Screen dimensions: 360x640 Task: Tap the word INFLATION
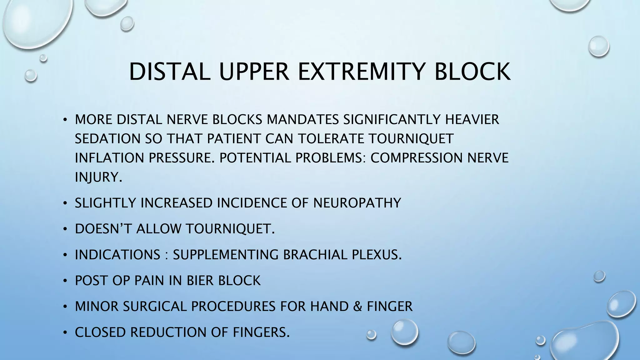[x=109, y=158]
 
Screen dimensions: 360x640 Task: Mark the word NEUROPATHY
[x=357, y=203]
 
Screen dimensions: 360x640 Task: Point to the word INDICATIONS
[x=117, y=255]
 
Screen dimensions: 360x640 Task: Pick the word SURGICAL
[x=155, y=306]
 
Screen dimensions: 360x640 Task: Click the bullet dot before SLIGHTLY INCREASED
[x=65, y=203]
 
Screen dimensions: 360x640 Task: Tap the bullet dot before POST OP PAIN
[x=65, y=281]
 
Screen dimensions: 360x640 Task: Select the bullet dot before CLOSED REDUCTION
[x=65, y=333]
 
